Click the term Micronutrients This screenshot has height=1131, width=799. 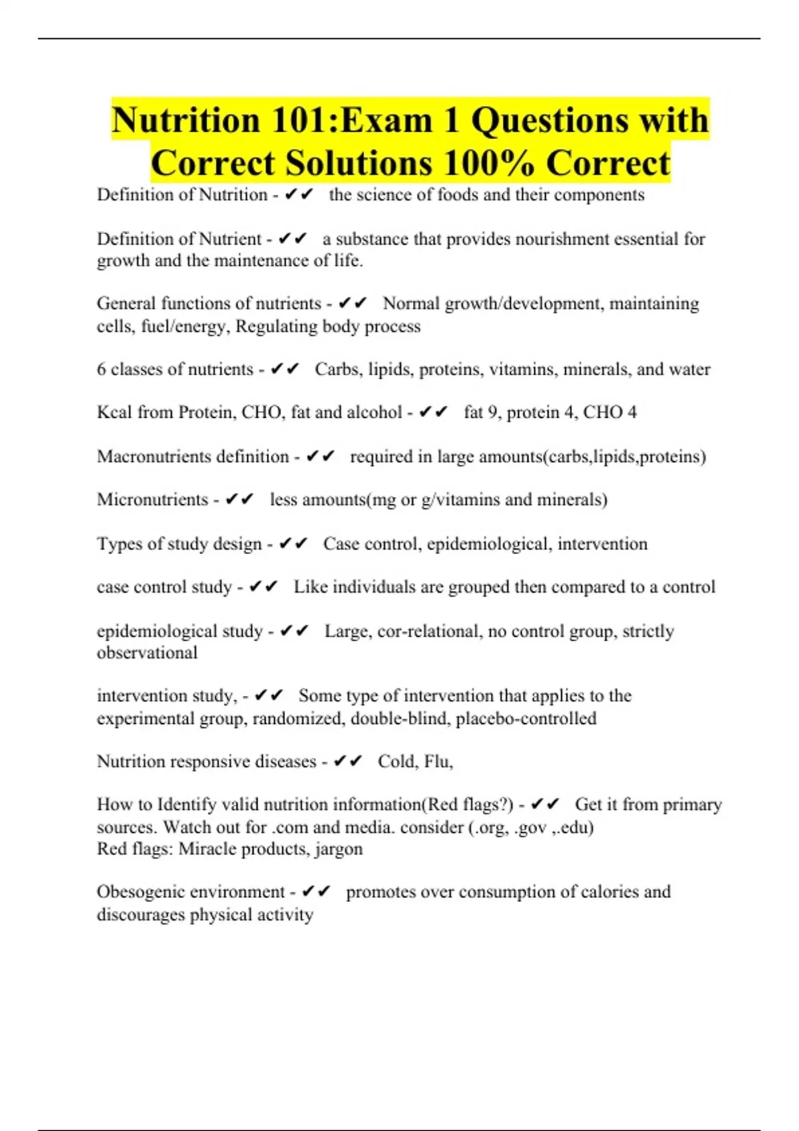click(x=152, y=500)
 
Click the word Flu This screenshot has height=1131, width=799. click(x=438, y=761)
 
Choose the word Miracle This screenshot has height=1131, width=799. click(x=208, y=849)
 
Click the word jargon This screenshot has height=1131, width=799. click(x=338, y=850)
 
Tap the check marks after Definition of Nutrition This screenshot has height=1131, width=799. click(x=298, y=195)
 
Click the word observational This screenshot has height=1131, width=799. click(x=147, y=653)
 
